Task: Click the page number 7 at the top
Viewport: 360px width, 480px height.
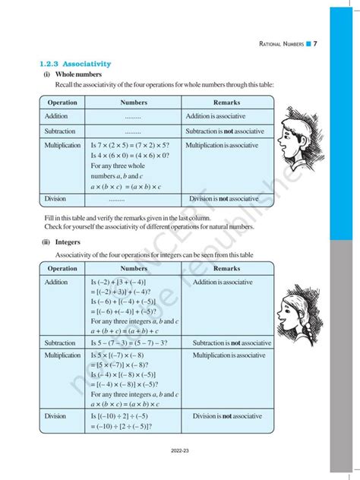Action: coord(315,44)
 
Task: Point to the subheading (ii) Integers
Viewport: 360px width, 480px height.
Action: coord(62,242)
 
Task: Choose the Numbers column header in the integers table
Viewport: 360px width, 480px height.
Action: coord(134,269)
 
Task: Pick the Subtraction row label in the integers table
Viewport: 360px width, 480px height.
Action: coord(59,343)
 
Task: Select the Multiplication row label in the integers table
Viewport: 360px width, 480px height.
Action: coord(62,355)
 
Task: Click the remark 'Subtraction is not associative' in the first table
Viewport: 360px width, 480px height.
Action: coord(225,131)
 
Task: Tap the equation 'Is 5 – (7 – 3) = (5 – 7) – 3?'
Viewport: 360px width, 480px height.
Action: coord(135,343)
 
